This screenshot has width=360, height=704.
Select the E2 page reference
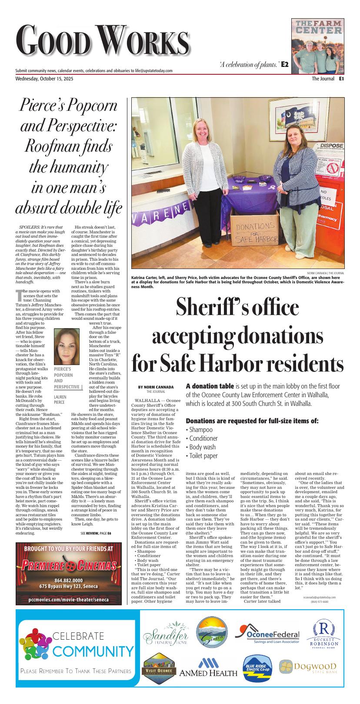tap(285, 64)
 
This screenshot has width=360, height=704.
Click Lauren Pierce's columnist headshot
tap(67, 346)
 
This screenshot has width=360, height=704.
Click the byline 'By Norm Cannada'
tap(156, 387)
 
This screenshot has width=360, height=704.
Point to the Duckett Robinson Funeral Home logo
tap(324, 637)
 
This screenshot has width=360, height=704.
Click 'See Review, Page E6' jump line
tap(96, 533)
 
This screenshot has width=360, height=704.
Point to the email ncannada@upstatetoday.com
tap(319, 598)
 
